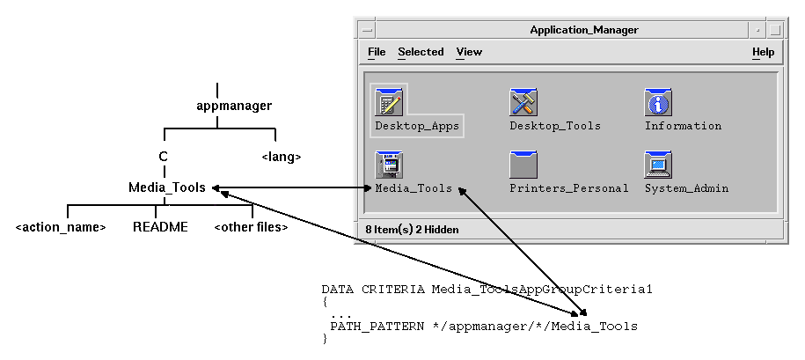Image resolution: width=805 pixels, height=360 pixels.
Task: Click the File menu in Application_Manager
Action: (x=377, y=52)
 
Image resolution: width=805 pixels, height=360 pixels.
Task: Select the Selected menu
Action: (x=421, y=52)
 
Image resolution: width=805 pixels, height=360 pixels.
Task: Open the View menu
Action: (x=469, y=52)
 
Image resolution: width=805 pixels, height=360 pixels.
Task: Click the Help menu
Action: (x=763, y=52)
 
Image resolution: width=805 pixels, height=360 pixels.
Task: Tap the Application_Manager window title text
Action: (x=584, y=30)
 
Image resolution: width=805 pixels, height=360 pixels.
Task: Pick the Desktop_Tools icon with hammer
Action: (x=523, y=102)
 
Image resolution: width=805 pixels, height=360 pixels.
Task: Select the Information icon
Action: (x=658, y=102)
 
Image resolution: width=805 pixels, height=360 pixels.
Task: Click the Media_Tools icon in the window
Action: (x=389, y=165)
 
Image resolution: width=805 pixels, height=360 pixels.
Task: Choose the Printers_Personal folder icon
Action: (x=523, y=165)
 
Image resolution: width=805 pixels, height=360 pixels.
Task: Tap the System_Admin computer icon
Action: (x=658, y=165)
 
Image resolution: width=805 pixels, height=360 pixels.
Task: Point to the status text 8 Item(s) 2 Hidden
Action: (x=412, y=229)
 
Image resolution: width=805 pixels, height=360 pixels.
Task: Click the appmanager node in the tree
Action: (x=234, y=107)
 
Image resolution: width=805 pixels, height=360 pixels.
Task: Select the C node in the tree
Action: (x=163, y=157)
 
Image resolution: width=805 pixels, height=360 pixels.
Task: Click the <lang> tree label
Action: (x=282, y=157)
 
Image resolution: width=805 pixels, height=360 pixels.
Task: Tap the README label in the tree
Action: (x=160, y=227)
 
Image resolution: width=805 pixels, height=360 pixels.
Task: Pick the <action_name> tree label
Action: (x=61, y=227)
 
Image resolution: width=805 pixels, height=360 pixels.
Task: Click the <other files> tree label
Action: (x=251, y=227)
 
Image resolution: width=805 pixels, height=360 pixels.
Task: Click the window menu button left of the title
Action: (x=367, y=30)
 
